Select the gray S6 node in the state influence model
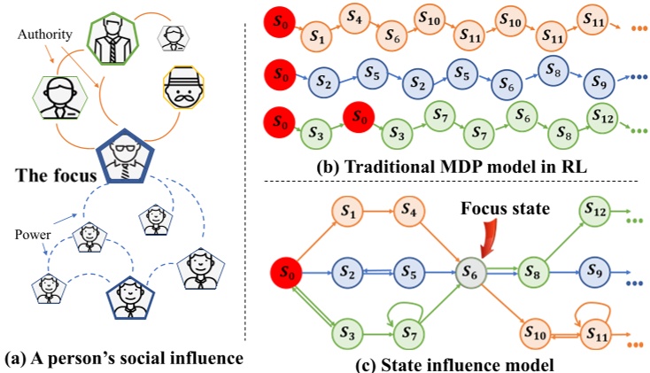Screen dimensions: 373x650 [x=470, y=275]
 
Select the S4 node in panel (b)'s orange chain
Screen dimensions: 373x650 [x=353, y=18]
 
